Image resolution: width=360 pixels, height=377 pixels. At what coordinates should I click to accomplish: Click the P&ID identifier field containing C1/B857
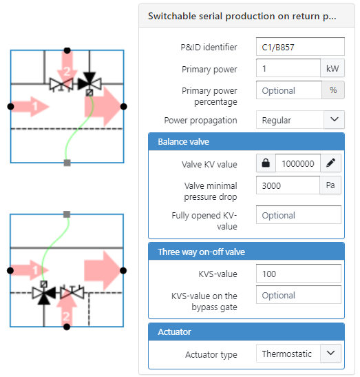pos(300,47)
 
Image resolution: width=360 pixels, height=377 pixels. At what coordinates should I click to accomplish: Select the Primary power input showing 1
pos(288,68)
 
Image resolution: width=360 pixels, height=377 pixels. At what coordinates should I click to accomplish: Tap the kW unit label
pos(332,68)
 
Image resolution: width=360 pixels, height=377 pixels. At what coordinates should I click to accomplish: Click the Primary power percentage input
pos(289,90)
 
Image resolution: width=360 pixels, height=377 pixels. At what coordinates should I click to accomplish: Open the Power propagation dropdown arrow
pos(334,119)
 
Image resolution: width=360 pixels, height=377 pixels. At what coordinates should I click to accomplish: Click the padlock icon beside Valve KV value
pos(266,163)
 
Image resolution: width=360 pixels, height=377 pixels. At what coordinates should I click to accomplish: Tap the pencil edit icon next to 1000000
pos(330,163)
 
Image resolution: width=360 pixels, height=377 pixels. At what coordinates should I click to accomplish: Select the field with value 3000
pos(288,185)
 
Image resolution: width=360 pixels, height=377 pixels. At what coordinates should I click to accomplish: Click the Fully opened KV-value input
pos(299,215)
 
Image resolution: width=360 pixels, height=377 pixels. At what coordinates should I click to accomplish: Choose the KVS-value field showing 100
pos(299,274)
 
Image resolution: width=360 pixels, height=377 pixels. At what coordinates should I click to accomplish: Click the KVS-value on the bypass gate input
pos(299,295)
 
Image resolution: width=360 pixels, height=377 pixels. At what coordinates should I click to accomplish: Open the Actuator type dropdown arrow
pos(330,353)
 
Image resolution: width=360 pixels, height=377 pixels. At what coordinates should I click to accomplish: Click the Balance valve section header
pos(246,141)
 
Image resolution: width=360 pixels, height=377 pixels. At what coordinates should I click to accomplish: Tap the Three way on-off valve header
pos(246,252)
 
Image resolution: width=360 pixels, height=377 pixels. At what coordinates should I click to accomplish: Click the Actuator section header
pos(246,332)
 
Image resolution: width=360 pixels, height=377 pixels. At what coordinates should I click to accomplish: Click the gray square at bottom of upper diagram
pos(67,163)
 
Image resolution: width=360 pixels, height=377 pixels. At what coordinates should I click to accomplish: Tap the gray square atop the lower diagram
pos(67,214)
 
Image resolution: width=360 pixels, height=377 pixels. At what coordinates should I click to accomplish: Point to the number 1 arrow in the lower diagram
pos(30,270)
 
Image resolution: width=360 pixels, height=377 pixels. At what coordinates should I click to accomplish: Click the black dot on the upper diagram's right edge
pos(123,107)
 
